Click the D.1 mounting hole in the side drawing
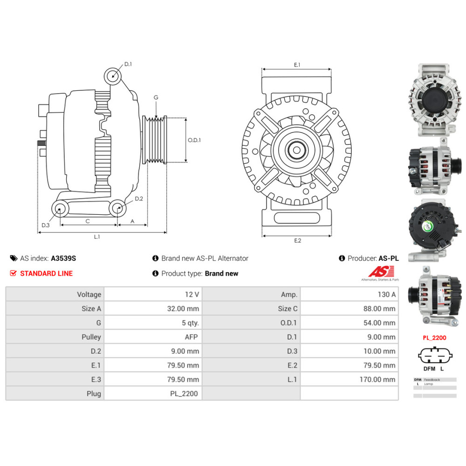[x=112, y=75]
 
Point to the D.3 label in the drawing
[x=45, y=225]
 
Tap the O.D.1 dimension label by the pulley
[x=194, y=140]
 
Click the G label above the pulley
[x=156, y=98]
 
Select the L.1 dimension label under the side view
[x=97, y=237]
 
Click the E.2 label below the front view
[x=297, y=240]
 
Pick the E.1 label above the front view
[x=297, y=65]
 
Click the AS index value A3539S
[x=63, y=258]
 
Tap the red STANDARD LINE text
[x=46, y=274]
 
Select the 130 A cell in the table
[x=386, y=295]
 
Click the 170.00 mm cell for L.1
[x=377, y=379]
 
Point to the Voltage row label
[x=89, y=295]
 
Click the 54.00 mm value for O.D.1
[x=379, y=322]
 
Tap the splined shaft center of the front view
[x=297, y=150]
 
